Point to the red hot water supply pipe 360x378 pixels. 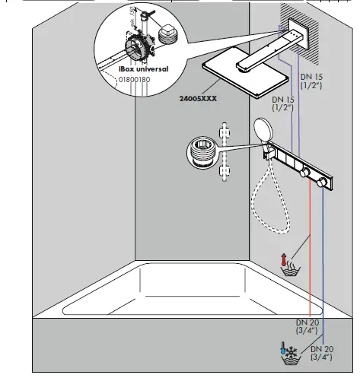click(x=311, y=251)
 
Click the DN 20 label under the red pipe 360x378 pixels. click(x=308, y=326)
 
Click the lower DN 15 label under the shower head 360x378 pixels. click(x=284, y=104)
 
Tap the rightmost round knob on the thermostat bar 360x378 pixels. click(x=327, y=183)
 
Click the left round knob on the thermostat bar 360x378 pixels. click(x=305, y=175)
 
